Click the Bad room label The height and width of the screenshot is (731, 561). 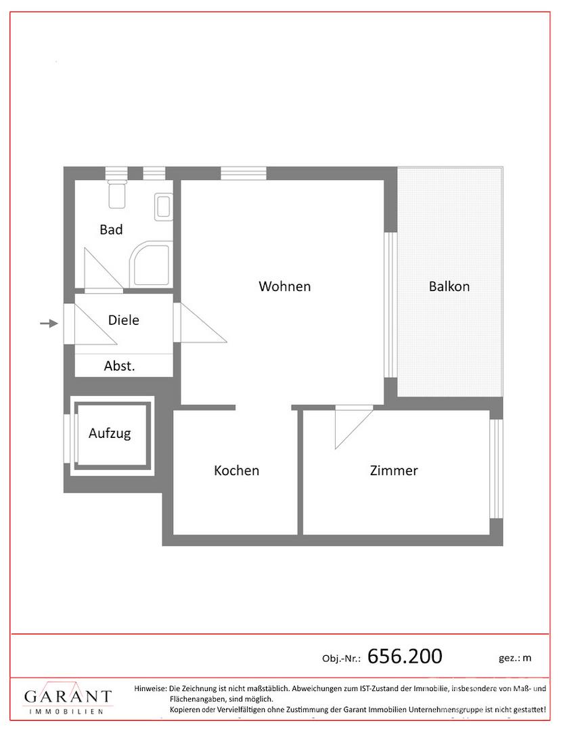(112, 229)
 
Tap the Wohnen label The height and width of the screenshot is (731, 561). (285, 286)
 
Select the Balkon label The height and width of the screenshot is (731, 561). (449, 286)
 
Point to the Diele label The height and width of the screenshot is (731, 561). (123, 319)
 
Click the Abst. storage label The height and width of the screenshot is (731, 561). (119, 366)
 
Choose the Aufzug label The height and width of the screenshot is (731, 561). (110, 433)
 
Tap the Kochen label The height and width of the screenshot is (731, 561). (236, 470)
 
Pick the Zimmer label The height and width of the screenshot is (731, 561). (394, 470)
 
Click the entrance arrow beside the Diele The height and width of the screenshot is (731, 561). (49, 323)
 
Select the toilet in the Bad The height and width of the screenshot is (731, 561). (116, 194)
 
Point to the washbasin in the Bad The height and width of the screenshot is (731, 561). (164, 207)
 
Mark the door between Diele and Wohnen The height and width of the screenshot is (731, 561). (200, 323)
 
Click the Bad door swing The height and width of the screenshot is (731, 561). (104, 269)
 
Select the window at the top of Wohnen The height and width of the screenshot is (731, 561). (244, 173)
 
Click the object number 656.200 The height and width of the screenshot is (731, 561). (405, 656)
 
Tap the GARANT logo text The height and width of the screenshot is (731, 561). (68, 696)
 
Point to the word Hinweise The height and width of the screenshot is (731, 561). (150, 688)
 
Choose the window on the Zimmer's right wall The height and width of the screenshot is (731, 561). (496, 468)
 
